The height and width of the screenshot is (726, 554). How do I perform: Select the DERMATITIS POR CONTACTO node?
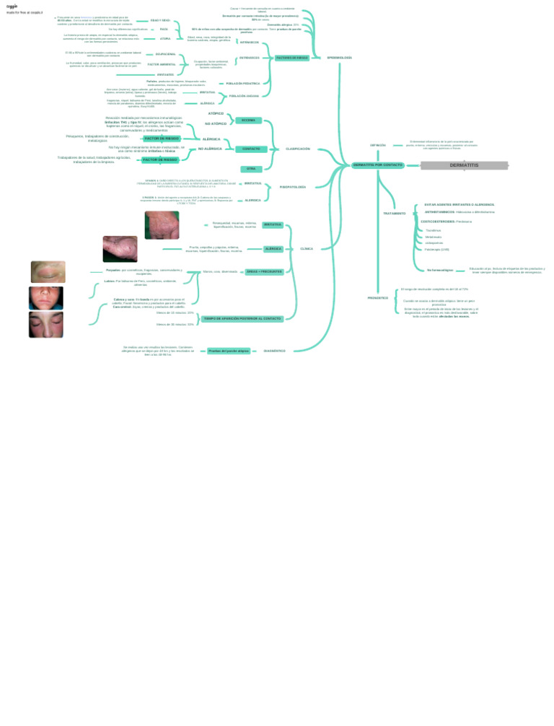coord(378,165)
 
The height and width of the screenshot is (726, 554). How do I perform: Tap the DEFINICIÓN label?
coord(378,145)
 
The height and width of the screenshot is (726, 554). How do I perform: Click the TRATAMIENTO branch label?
coord(394,214)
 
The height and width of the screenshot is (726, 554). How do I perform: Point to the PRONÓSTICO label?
coord(378,298)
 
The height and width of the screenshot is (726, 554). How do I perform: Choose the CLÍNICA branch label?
coord(307,248)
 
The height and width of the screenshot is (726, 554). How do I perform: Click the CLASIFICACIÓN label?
coord(298,149)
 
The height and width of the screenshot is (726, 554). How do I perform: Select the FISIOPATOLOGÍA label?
coord(293,187)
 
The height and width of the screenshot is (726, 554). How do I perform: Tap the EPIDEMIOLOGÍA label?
coord(339,57)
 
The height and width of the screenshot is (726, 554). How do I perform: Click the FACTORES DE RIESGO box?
coord(292,58)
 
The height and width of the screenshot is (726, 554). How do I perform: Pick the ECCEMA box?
coord(248,121)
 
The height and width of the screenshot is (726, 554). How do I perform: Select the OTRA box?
coord(251,169)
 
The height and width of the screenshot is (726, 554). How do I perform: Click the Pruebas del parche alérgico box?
coord(229,351)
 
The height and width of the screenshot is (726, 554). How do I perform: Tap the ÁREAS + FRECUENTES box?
coord(265,272)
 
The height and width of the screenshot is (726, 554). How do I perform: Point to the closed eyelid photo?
coord(48,272)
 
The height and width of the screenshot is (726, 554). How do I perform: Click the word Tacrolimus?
coord(434,230)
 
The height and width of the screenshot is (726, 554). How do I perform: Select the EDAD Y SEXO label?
coord(160,20)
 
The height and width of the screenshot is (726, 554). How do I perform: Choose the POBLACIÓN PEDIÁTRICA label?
coord(243,84)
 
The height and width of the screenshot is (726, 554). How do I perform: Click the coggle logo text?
coord(12,6)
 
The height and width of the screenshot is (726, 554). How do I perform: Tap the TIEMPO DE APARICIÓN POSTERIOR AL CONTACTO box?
coord(242,318)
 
